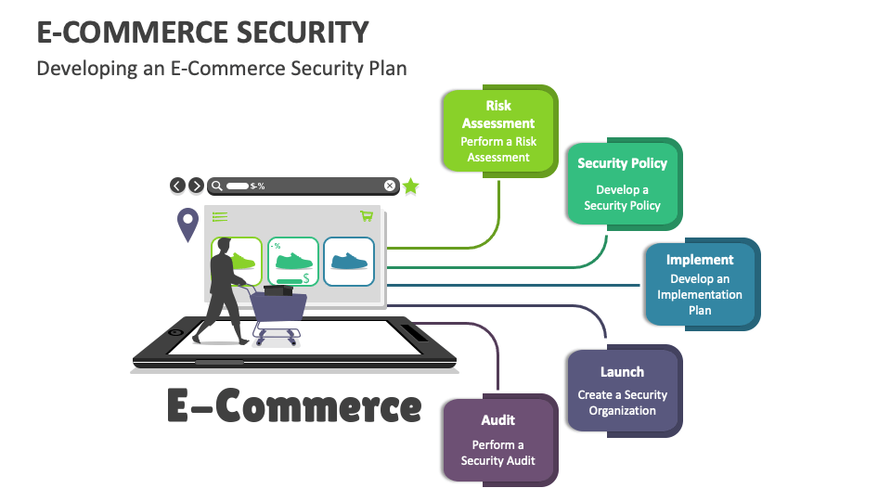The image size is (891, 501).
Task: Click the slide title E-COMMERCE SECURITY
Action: coord(202,32)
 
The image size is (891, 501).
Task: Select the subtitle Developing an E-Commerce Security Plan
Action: coord(221,69)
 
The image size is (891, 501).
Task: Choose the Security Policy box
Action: coord(622,183)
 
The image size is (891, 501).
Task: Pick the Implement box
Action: coord(699,283)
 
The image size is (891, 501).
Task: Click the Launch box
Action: coord(622,390)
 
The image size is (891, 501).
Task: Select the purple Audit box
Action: coord(498,439)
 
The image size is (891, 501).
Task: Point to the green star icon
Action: coord(410,186)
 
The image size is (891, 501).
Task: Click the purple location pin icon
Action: coord(188,224)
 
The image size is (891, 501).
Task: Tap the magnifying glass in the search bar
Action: coord(217,186)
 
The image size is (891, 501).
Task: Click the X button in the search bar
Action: coord(390,186)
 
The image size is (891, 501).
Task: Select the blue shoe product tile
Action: coord(349,261)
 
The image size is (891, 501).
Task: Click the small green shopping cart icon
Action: coord(367,216)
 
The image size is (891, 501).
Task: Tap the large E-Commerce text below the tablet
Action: coord(293,405)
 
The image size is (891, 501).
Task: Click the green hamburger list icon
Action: coord(220,217)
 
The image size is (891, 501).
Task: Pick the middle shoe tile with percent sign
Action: coord(293,262)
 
